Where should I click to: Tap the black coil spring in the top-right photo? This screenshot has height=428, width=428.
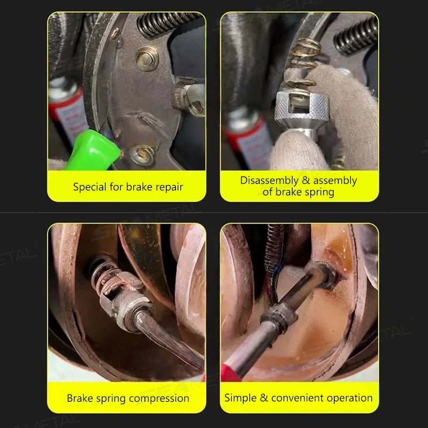[x=355, y=35]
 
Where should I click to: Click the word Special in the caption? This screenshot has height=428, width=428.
[x=89, y=187]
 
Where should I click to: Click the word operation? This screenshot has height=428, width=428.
[x=349, y=398]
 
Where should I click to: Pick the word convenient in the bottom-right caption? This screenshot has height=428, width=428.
[x=297, y=398]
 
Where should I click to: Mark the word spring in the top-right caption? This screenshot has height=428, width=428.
[x=320, y=192]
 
